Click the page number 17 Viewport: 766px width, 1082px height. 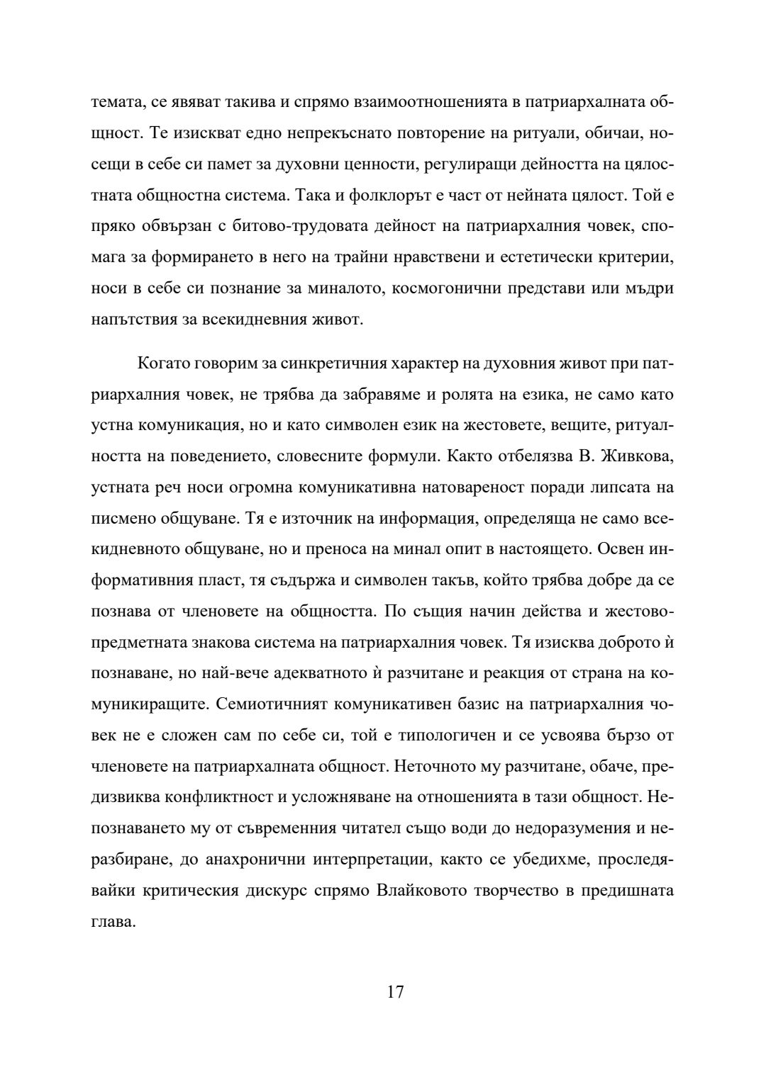[396, 991]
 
